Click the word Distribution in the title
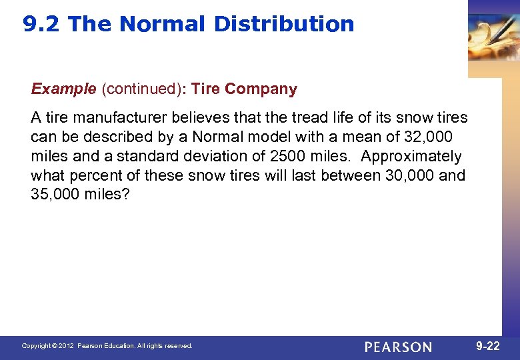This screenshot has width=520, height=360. [x=284, y=25]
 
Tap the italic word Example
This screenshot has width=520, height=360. [x=63, y=89]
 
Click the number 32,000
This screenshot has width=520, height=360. [x=424, y=137]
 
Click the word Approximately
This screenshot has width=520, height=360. [x=411, y=157]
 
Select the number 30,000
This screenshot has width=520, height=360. [x=409, y=176]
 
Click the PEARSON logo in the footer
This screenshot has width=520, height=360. [x=398, y=347]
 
